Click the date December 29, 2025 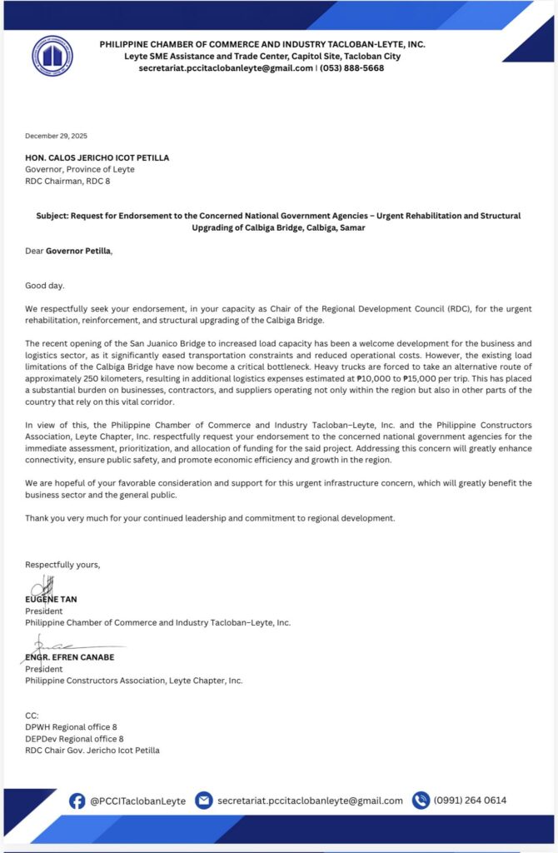56,136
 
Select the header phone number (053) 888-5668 352,68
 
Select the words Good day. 45,286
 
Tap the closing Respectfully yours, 62,565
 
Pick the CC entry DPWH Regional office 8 71,727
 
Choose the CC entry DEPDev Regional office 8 74,739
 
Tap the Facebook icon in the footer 77,801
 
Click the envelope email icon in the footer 203,801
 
